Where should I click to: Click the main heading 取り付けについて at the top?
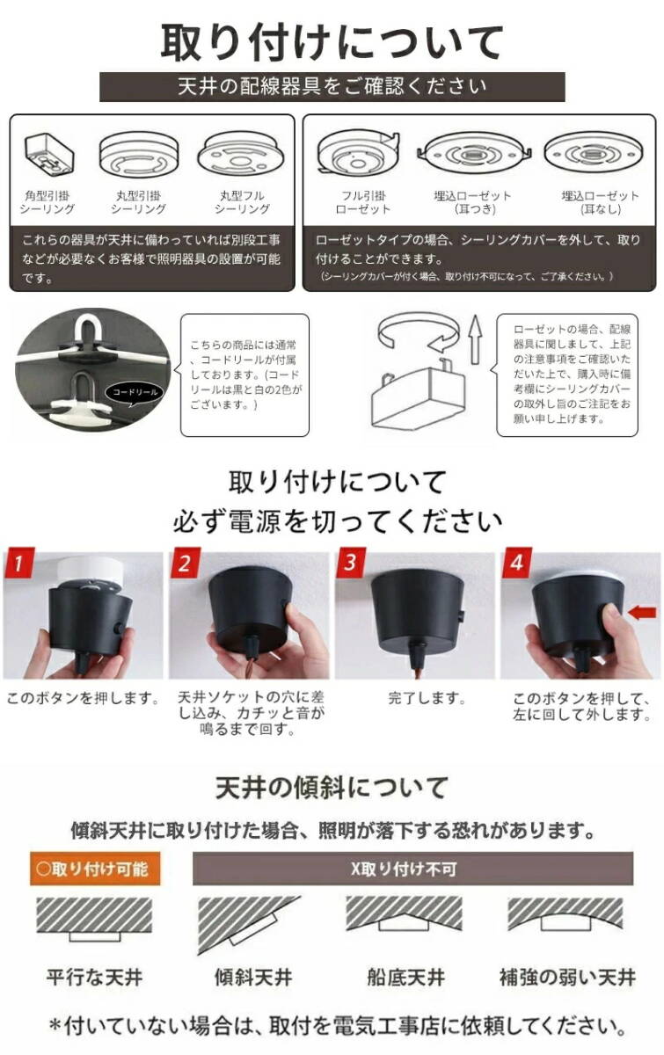click(332, 40)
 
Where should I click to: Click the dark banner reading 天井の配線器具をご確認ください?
click(332, 87)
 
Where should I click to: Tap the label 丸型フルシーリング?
click(242, 202)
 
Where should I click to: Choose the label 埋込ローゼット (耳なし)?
click(600, 202)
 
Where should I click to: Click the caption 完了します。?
click(415, 700)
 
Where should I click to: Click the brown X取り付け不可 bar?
click(413, 869)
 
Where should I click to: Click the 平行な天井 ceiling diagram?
click(93, 919)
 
